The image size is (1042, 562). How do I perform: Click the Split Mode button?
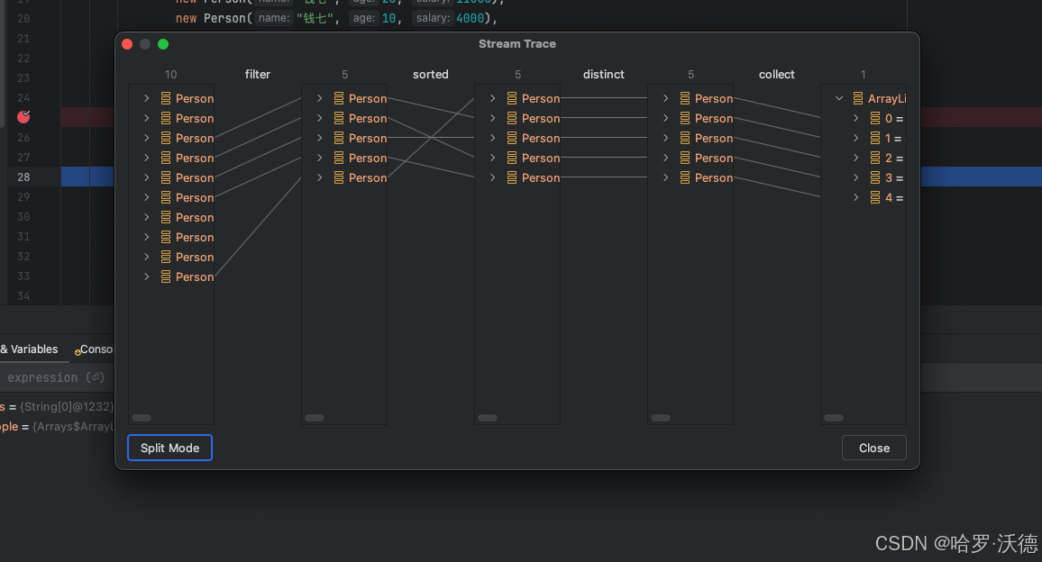tap(169, 448)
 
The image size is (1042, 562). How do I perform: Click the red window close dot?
tap(127, 44)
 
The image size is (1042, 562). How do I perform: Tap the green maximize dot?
tap(163, 44)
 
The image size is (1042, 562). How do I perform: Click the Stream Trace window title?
tap(517, 44)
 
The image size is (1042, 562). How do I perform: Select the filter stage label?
tap(258, 75)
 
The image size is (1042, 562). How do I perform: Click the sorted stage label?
tap(431, 75)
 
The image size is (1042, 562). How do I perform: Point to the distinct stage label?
tap(604, 75)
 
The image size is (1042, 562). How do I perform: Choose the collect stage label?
tap(777, 75)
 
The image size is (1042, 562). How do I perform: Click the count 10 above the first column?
tap(171, 75)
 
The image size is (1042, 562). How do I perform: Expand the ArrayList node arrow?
tap(839, 98)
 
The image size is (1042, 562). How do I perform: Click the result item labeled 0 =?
tap(893, 118)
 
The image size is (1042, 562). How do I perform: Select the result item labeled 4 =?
tap(893, 197)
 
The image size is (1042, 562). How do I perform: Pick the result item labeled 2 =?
tap(893, 158)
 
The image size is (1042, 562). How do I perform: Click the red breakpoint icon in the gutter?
tap(24, 117)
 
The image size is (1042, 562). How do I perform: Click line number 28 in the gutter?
tap(23, 177)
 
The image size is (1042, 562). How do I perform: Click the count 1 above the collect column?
tap(864, 75)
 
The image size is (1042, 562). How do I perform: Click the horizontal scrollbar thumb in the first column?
tap(142, 418)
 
